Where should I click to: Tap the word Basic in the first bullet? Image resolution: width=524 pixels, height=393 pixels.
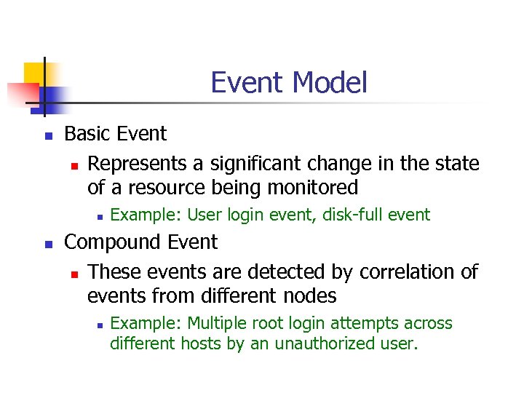pos(87,134)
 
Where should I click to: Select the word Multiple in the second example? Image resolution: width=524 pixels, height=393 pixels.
pos(215,323)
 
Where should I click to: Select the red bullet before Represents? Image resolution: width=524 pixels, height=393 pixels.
pos(74,165)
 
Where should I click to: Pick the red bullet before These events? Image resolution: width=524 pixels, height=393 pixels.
pos(74,274)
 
